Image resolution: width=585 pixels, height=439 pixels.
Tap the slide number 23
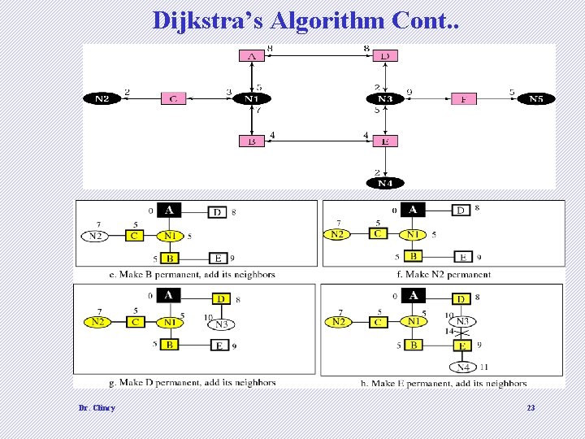point(531,407)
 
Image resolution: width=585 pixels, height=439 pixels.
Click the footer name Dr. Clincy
point(97,407)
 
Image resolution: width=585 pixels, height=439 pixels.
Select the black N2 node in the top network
point(102,99)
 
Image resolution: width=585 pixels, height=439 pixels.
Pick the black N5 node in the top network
point(536,99)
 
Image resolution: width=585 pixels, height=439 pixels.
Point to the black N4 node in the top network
point(385,183)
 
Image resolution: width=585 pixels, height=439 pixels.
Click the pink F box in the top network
point(463,99)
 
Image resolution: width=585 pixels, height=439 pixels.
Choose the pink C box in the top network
point(173,99)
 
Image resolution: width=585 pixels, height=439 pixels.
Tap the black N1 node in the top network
point(251,99)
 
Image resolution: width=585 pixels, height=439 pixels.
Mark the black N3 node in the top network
point(385,99)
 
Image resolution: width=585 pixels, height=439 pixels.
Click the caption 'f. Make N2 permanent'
point(444,274)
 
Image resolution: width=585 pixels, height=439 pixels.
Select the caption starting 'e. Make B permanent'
point(192,274)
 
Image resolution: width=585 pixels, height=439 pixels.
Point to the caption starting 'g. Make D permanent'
point(192,382)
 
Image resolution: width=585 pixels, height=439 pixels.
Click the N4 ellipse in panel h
point(462,367)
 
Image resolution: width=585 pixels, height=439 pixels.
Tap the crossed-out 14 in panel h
point(448,332)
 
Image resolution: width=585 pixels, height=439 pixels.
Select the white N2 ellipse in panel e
point(96,236)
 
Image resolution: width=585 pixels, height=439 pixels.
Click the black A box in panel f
point(413,211)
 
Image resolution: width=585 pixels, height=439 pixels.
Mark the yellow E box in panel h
point(462,345)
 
